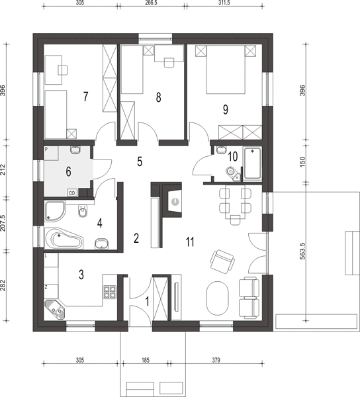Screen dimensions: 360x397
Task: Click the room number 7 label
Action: tap(85, 97)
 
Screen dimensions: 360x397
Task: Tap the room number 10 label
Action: tap(233, 156)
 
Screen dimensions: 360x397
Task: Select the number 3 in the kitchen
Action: tap(81, 275)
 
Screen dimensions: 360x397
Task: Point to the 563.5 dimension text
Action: tap(302, 251)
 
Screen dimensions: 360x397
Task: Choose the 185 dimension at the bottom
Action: tap(146, 360)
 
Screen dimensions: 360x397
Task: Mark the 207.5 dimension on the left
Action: tap(3, 223)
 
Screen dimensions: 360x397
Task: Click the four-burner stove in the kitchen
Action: tap(110, 292)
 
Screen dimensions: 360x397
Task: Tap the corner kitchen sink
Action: tap(55, 310)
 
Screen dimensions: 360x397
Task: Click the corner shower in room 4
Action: tap(55, 211)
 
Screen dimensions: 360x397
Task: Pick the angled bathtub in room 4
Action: tap(64, 239)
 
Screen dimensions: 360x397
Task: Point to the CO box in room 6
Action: tap(72, 193)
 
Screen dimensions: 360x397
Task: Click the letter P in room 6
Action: tap(46, 150)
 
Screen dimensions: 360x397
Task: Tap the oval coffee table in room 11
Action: tap(217, 298)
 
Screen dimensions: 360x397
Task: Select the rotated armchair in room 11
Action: tap(222, 261)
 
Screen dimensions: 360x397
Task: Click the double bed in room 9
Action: tap(226, 69)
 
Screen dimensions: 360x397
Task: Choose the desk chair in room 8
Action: tap(169, 63)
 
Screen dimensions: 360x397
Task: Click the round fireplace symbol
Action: tap(175, 202)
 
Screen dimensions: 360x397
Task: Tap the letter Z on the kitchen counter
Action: tap(46, 287)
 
